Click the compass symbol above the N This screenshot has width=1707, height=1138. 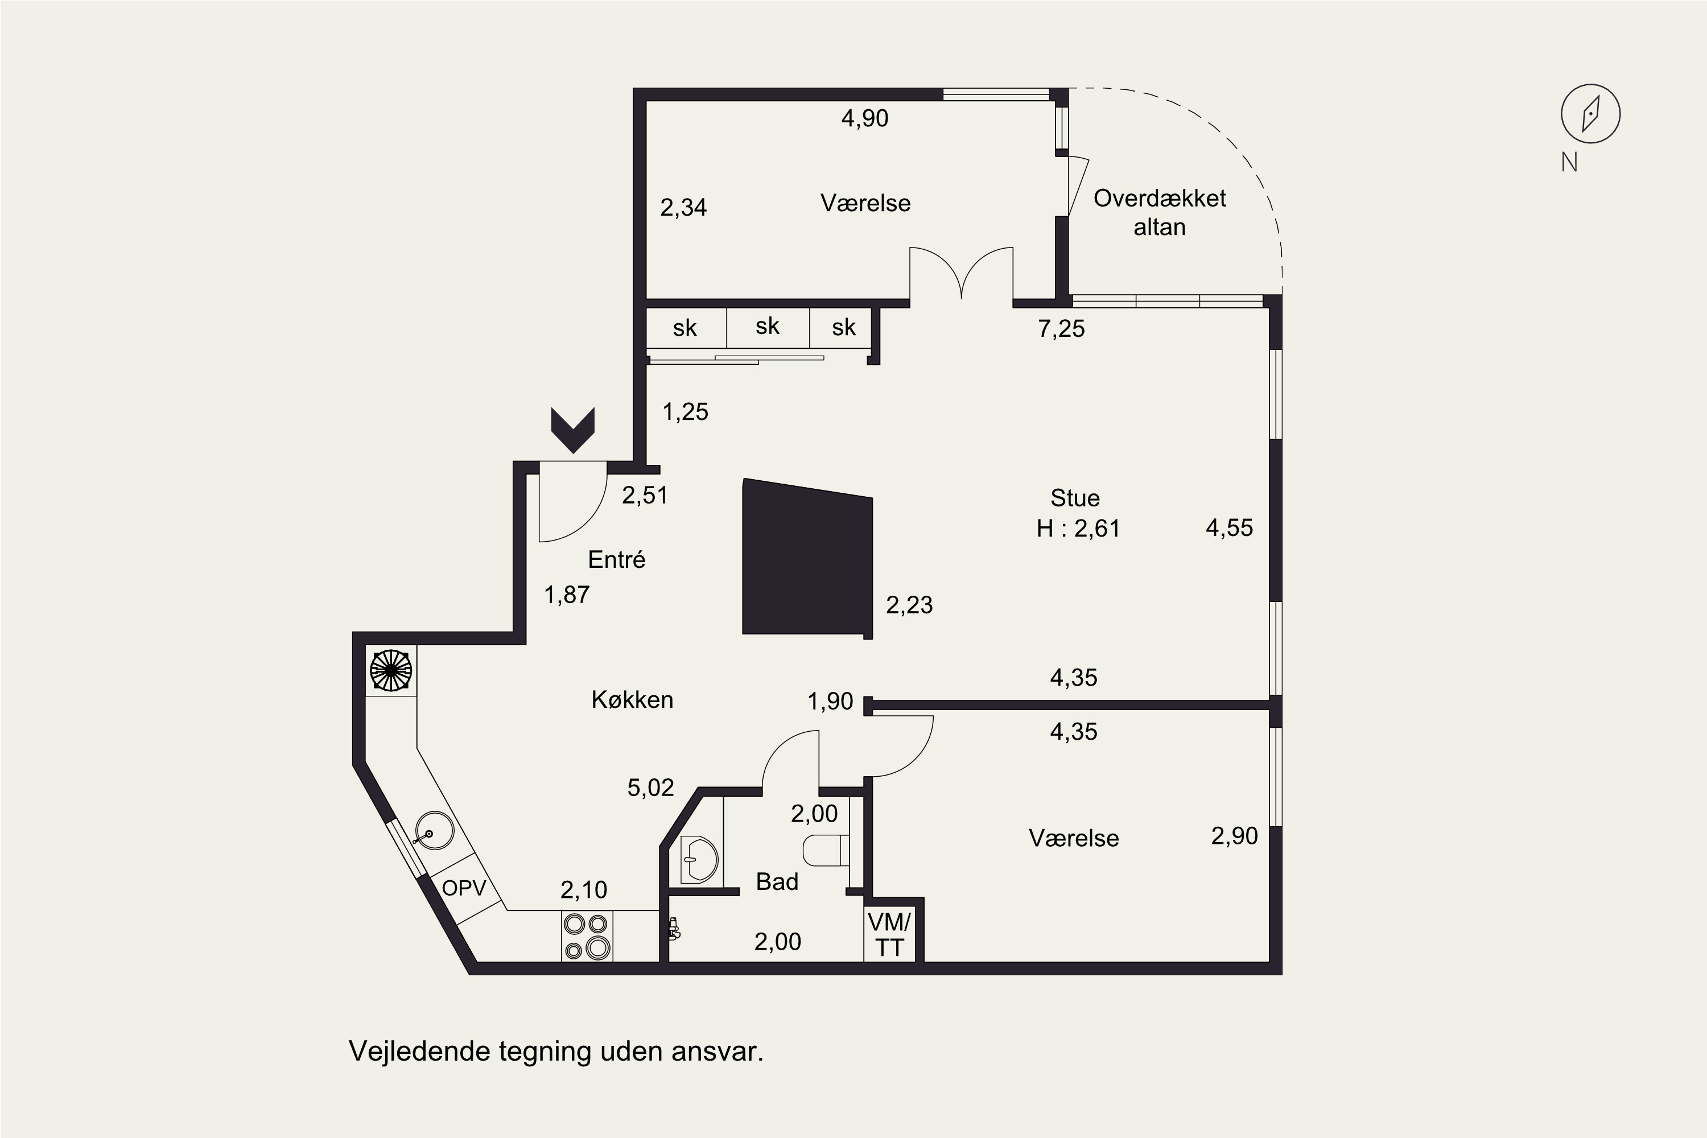click(1590, 114)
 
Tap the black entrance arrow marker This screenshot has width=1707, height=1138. click(572, 430)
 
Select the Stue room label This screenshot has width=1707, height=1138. click(1075, 498)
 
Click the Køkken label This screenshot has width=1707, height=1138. click(632, 700)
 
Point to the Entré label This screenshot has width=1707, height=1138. click(616, 559)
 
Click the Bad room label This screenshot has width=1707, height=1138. click(777, 882)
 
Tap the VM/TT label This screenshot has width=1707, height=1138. click(889, 935)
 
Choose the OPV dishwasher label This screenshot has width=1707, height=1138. click(464, 888)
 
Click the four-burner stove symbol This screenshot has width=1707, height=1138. click(587, 936)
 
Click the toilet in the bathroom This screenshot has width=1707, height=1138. click(826, 850)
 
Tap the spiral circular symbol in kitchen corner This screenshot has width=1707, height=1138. click(391, 671)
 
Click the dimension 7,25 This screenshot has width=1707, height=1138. click(1061, 329)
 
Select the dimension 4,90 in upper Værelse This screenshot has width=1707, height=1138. click(864, 118)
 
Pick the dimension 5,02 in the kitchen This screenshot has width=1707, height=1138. click(650, 787)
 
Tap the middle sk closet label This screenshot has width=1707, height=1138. click(767, 327)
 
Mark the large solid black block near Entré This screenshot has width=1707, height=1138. click(807, 558)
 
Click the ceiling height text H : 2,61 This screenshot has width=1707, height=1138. click(1078, 529)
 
